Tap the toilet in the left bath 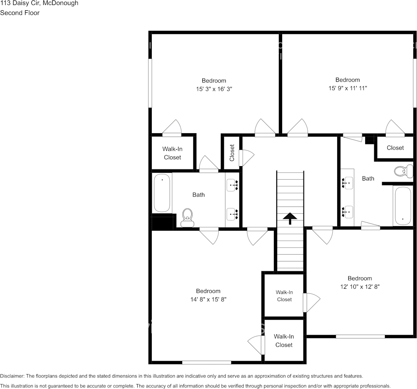pyautogui.click(x=188, y=218)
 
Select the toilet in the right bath pyautogui.click(x=403, y=171)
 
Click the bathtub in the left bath pyautogui.click(x=162, y=193)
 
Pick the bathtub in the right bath pyautogui.click(x=402, y=206)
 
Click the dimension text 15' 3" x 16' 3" pyautogui.click(x=214, y=89)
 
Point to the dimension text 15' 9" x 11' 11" pyautogui.click(x=347, y=88)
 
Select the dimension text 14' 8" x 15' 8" pyautogui.click(x=208, y=299)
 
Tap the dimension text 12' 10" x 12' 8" pyautogui.click(x=360, y=287)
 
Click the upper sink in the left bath pyautogui.click(x=232, y=185)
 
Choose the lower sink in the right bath pyautogui.click(x=348, y=212)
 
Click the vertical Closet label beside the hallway pyautogui.click(x=232, y=152)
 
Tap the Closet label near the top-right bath pyautogui.click(x=395, y=148)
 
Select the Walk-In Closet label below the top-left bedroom pyautogui.click(x=172, y=153)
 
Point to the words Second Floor pyautogui.click(x=20, y=13)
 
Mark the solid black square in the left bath pyautogui.click(x=162, y=222)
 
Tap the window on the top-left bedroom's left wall pyautogui.click(x=150, y=83)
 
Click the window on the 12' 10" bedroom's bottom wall pyautogui.click(x=360, y=336)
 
